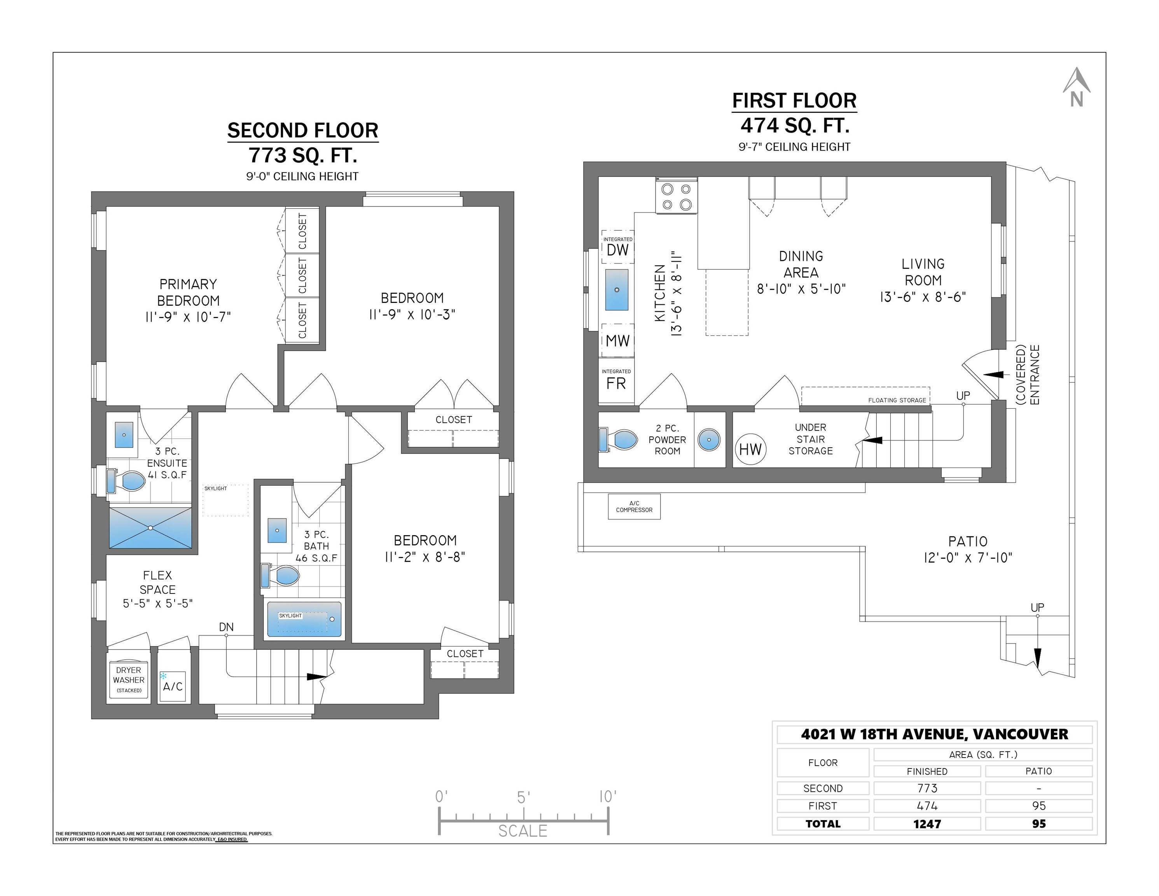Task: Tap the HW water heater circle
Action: pos(750,449)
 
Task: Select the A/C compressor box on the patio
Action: pos(634,506)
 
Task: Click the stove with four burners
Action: pos(677,196)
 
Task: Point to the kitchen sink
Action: pos(617,290)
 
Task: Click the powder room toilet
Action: pos(618,439)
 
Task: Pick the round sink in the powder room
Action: pos(709,439)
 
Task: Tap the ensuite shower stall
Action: pos(151,528)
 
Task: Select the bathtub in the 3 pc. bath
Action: pos(304,619)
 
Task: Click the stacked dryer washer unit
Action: pos(128,680)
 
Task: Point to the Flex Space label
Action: pos(157,589)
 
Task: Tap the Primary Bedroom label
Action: pos(189,301)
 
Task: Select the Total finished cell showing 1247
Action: pos(927,824)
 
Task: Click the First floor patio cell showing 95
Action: pos(1039,806)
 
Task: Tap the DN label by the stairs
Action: pos(226,627)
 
